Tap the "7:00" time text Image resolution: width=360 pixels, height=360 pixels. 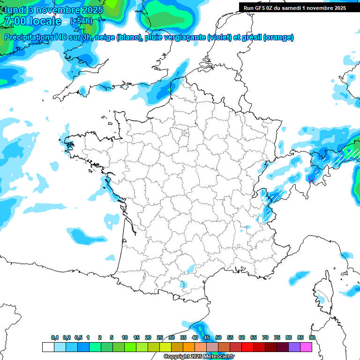(x=14, y=21)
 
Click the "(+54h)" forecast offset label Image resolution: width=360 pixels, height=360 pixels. (x=81, y=21)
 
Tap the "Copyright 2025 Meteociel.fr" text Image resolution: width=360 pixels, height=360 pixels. (x=199, y=357)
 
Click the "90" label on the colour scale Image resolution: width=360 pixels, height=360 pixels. (x=312, y=337)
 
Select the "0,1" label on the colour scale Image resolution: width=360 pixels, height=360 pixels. (x=55, y=337)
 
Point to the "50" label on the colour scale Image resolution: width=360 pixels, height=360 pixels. (x=218, y=337)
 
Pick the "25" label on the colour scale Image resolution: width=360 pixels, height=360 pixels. (x=160, y=337)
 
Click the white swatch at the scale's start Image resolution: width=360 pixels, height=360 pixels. (x=48, y=347)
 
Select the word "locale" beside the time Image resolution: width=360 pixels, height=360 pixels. (x=45, y=21)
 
